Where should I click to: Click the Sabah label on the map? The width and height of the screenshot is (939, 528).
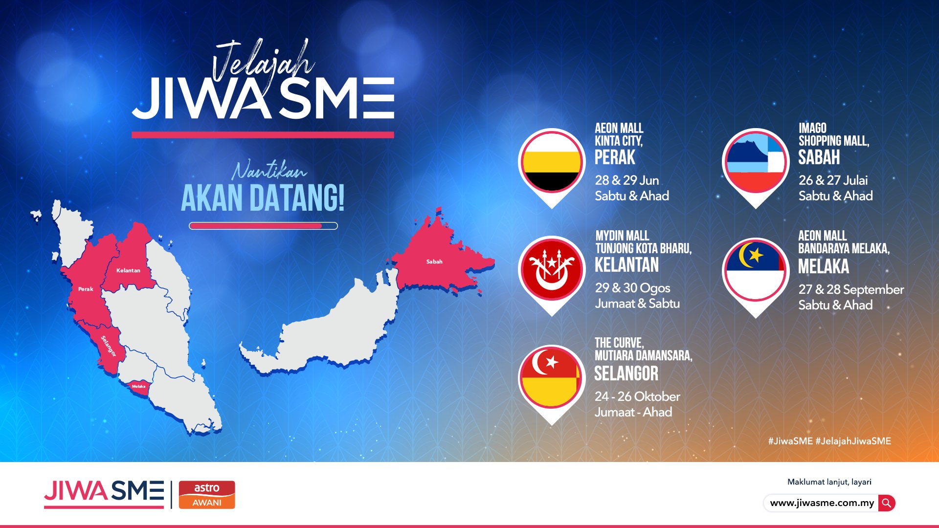434,262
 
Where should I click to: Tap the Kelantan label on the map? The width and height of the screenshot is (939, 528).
128,270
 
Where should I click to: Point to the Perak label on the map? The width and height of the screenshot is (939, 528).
86,289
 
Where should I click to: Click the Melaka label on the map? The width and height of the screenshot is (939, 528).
138,386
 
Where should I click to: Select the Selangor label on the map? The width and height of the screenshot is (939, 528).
109,346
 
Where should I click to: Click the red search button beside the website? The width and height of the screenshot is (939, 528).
887,503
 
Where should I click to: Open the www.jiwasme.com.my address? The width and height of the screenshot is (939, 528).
822,503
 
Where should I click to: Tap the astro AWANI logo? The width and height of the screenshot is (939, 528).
207,495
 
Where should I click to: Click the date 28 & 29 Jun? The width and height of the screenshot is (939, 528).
627,180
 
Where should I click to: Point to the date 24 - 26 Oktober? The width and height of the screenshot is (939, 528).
637,396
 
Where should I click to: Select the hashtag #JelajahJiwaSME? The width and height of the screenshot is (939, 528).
853,441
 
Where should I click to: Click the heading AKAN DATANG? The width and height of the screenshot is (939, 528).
263,198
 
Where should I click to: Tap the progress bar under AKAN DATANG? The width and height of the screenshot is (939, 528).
263,226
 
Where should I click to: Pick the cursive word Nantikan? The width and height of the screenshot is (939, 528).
269,171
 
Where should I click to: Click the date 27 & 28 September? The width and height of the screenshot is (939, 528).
851,289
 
